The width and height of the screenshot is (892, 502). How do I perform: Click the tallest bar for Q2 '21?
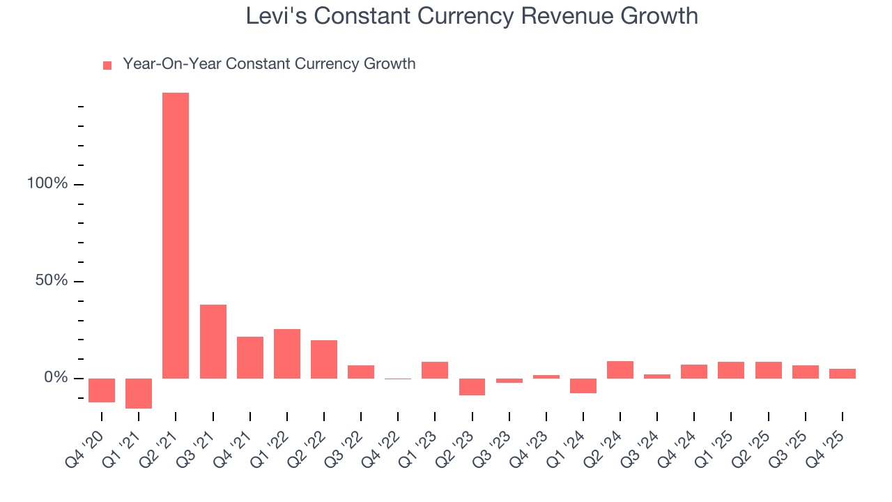tap(176, 236)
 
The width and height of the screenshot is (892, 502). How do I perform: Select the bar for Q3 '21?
tap(213, 342)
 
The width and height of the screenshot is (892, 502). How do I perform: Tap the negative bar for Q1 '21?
tap(139, 393)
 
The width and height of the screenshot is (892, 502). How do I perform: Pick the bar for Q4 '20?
tap(102, 390)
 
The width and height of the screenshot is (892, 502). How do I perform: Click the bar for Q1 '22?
tap(287, 353)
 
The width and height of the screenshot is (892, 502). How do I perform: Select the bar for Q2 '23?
tap(472, 387)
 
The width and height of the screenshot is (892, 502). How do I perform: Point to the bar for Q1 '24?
tap(583, 386)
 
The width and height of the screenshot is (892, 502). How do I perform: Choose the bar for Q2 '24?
tap(620, 370)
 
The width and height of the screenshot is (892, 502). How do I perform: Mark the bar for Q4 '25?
tap(843, 374)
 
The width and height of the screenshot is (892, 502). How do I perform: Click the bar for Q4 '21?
tap(250, 358)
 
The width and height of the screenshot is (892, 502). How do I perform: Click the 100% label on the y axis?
tap(47, 184)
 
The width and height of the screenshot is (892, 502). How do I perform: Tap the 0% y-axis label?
tap(55, 378)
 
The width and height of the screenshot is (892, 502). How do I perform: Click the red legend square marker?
tap(107, 66)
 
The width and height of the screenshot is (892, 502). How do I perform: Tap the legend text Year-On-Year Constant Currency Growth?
tap(269, 64)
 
